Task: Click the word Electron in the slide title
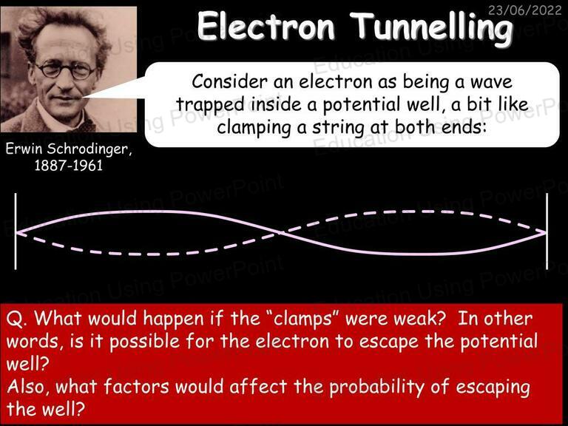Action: (x=266, y=26)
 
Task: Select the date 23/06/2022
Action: (x=524, y=10)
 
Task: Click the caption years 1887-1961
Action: (x=69, y=166)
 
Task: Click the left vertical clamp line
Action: (x=16, y=231)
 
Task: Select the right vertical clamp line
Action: (x=547, y=231)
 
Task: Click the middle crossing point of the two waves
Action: (x=280, y=232)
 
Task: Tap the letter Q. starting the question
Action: (x=17, y=319)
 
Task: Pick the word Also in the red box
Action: (x=29, y=387)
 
